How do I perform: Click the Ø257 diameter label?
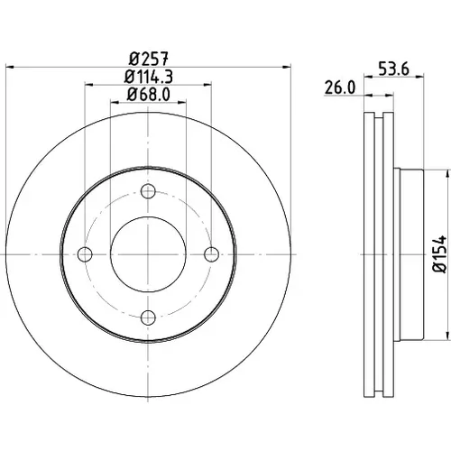(149, 59)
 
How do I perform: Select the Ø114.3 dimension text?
(149, 77)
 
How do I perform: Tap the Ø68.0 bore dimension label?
(149, 94)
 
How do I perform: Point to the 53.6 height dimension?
(393, 69)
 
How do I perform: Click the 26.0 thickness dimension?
(340, 87)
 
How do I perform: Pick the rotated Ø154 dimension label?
(439, 254)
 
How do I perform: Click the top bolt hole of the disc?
(148, 191)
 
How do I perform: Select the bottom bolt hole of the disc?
(148, 318)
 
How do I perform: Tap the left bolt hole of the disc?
(85, 254)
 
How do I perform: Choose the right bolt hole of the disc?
(211, 254)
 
